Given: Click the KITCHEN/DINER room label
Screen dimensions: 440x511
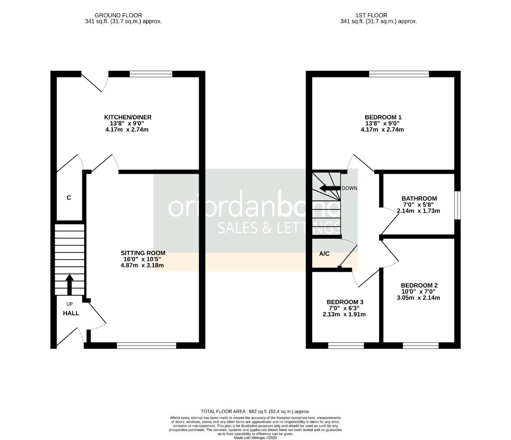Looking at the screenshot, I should pyautogui.click(x=127, y=117).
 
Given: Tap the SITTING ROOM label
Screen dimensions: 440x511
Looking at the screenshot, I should pyautogui.click(x=143, y=253).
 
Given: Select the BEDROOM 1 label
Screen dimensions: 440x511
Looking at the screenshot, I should pyautogui.click(x=382, y=117).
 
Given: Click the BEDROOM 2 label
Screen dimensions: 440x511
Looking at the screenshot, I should pyautogui.click(x=419, y=285).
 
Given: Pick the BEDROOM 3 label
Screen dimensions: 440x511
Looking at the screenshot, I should pyautogui.click(x=344, y=302).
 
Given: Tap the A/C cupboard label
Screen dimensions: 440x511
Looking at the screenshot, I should pyautogui.click(x=324, y=254).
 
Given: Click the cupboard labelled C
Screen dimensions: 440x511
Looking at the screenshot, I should pyautogui.click(x=69, y=198).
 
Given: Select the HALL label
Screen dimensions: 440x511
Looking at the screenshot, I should pyautogui.click(x=71, y=313).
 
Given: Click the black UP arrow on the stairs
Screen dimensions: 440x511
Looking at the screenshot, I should pyautogui.click(x=69, y=284).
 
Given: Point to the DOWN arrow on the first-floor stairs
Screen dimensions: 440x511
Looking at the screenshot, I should pyautogui.click(x=330, y=188).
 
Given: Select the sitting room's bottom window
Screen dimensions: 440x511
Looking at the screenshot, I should pyautogui.click(x=147, y=345).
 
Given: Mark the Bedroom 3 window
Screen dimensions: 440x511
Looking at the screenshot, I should pyautogui.click(x=346, y=345).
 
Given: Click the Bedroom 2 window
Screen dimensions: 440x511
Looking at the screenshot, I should pyautogui.click(x=421, y=345).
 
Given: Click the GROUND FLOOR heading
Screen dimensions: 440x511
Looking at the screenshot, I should pyautogui.click(x=118, y=15).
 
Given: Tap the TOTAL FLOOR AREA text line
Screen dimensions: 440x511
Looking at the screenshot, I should pyautogui.click(x=255, y=411).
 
